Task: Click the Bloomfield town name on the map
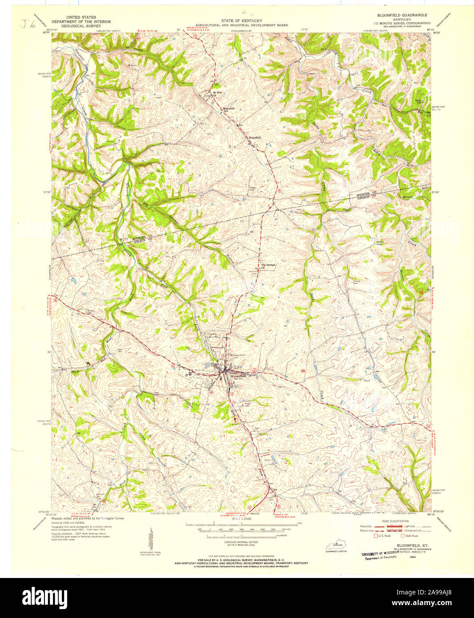238,376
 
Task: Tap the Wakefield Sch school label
228,109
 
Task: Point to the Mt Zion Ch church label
217,93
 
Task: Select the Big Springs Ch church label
268,265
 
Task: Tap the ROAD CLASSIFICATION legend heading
392,520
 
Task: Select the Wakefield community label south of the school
255,138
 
